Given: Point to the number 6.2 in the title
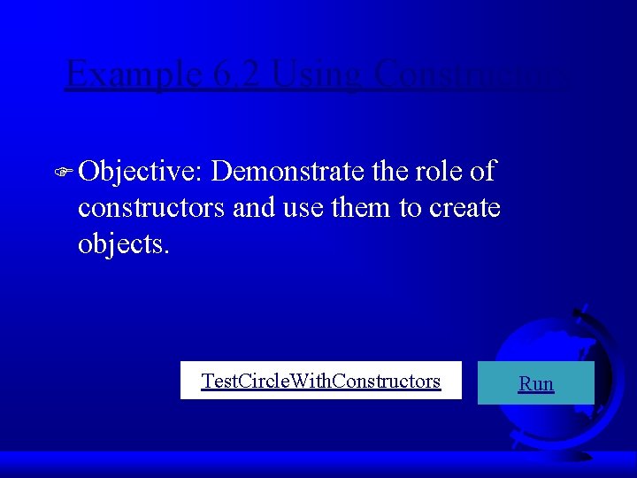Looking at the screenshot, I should [x=237, y=74].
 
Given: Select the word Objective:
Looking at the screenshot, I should [x=141, y=173].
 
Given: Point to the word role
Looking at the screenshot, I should [x=437, y=172].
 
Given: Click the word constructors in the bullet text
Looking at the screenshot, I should [x=150, y=208].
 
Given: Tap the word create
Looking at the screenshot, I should [x=464, y=208].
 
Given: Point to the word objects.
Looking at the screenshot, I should [x=123, y=243].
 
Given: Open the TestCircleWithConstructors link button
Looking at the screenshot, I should [x=320, y=381].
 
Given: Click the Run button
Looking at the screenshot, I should [x=536, y=383].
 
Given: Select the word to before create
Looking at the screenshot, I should [x=411, y=208].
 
